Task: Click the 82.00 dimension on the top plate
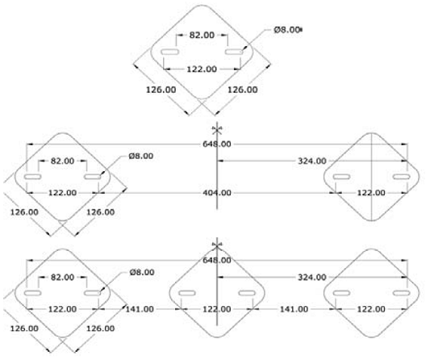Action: coord(202,36)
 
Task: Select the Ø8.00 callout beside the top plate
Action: coord(286,30)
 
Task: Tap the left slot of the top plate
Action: coord(169,52)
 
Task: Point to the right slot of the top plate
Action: coord(234,52)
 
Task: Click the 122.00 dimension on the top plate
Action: coord(202,69)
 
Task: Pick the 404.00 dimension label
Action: coord(217,193)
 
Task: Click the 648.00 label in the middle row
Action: coord(217,144)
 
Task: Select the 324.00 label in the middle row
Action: coord(312,161)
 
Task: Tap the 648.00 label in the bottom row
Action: coord(217,260)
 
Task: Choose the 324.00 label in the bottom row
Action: coord(312,277)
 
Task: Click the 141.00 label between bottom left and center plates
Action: coord(140,309)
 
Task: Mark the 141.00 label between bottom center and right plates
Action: coord(294,309)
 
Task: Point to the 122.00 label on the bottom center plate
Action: coord(217,309)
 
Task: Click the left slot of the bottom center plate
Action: coord(187,293)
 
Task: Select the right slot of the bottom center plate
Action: coord(247,293)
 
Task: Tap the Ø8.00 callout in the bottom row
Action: coord(142,272)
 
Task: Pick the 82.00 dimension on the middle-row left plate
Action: coord(63,161)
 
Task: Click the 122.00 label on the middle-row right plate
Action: coord(371,193)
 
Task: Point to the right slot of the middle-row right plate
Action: coord(402,177)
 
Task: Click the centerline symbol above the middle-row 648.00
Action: coord(217,129)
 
